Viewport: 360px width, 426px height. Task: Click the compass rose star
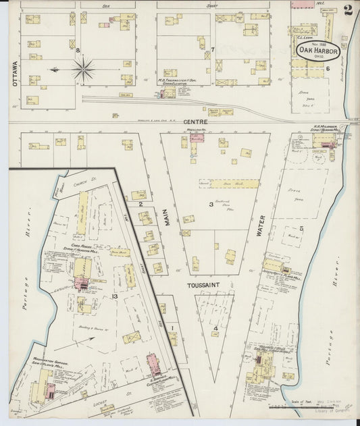click(83, 68)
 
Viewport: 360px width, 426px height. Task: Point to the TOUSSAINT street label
click(209, 285)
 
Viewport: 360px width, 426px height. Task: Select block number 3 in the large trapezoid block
click(211, 203)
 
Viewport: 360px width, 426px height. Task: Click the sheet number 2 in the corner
click(347, 9)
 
